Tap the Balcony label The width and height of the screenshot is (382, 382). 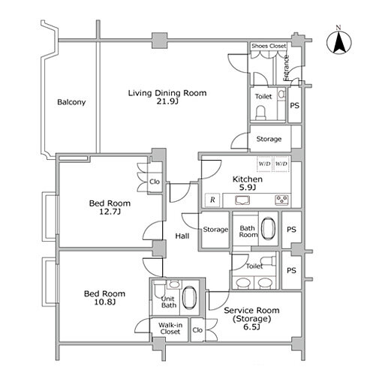[x=71, y=102]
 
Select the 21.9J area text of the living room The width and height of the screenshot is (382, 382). [x=167, y=101]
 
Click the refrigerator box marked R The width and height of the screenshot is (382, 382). [x=212, y=200]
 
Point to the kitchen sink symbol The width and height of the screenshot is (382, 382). [x=242, y=200]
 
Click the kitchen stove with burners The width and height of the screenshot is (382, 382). [x=282, y=200]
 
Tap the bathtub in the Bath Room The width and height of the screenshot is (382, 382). [x=268, y=228]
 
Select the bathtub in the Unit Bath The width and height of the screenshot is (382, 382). [x=189, y=297]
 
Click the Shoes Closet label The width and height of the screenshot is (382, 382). [x=269, y=46]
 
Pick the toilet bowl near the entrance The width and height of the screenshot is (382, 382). [x=260, y=113]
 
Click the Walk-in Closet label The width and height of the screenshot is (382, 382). [x=170, y=329]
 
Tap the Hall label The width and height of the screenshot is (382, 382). [x=182, y=236]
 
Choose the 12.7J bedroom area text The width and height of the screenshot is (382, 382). [x=110, y=212]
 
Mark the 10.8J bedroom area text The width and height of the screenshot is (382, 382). [x=105, y=302]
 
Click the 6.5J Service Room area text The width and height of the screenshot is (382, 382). [x=252, y=327]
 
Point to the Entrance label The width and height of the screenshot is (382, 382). [x=286, y=68]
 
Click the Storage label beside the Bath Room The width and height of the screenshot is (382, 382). [x=215, y=230]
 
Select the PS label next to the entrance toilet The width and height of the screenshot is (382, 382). [x=295, y=106]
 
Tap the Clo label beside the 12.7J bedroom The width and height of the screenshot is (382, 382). [x=155, y=182]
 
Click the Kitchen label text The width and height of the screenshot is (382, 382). [x=248, y=179]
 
